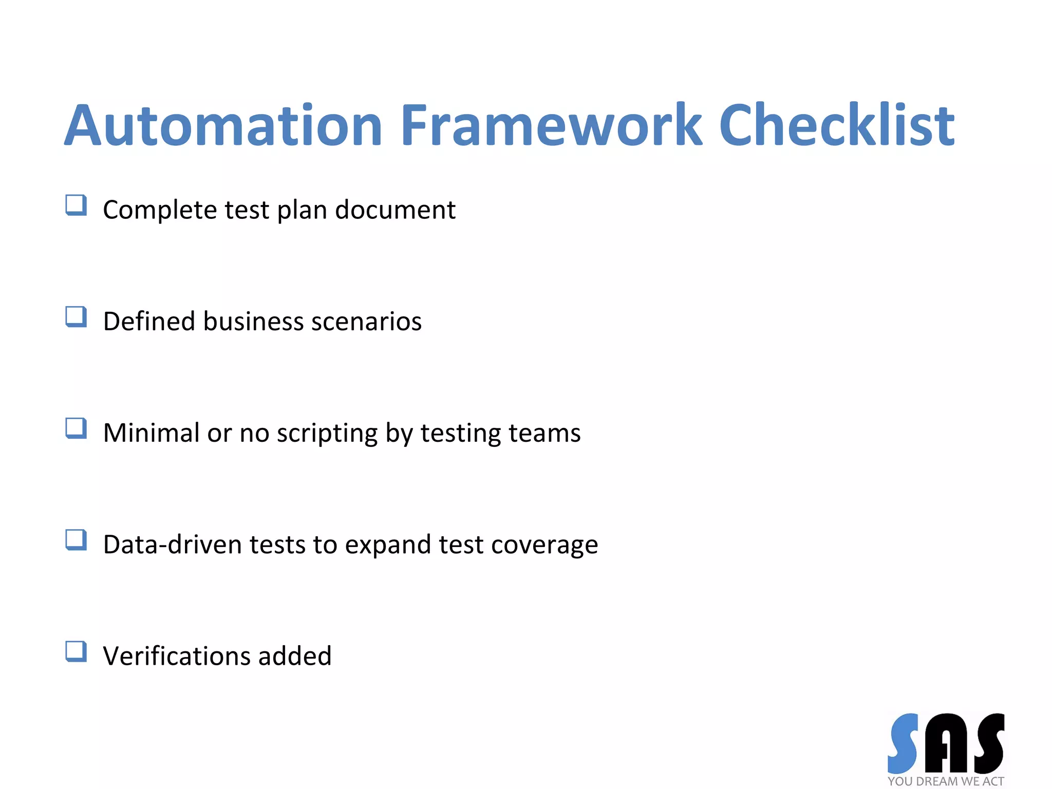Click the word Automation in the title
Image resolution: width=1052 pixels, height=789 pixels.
(x=223, y=126)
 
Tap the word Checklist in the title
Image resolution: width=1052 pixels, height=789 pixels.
(x=836, y=126)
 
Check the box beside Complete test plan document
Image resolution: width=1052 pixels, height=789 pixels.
(x=76, y=205)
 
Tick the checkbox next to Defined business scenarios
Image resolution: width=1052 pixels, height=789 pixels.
(x=76, y=316)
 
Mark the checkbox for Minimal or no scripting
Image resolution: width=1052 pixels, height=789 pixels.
(x=76, y=428)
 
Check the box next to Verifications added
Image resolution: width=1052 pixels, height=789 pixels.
(x=76, y=651)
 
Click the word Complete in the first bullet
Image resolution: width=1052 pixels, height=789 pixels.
(x=160, y=210)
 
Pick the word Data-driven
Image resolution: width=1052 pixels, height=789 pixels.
(x=172, y=544)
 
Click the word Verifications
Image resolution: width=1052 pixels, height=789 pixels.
(x=176, y=656)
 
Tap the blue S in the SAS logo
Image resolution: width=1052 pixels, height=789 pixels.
(x=903, y=743)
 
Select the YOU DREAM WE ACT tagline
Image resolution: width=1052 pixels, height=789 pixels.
(x=945, y=781)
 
